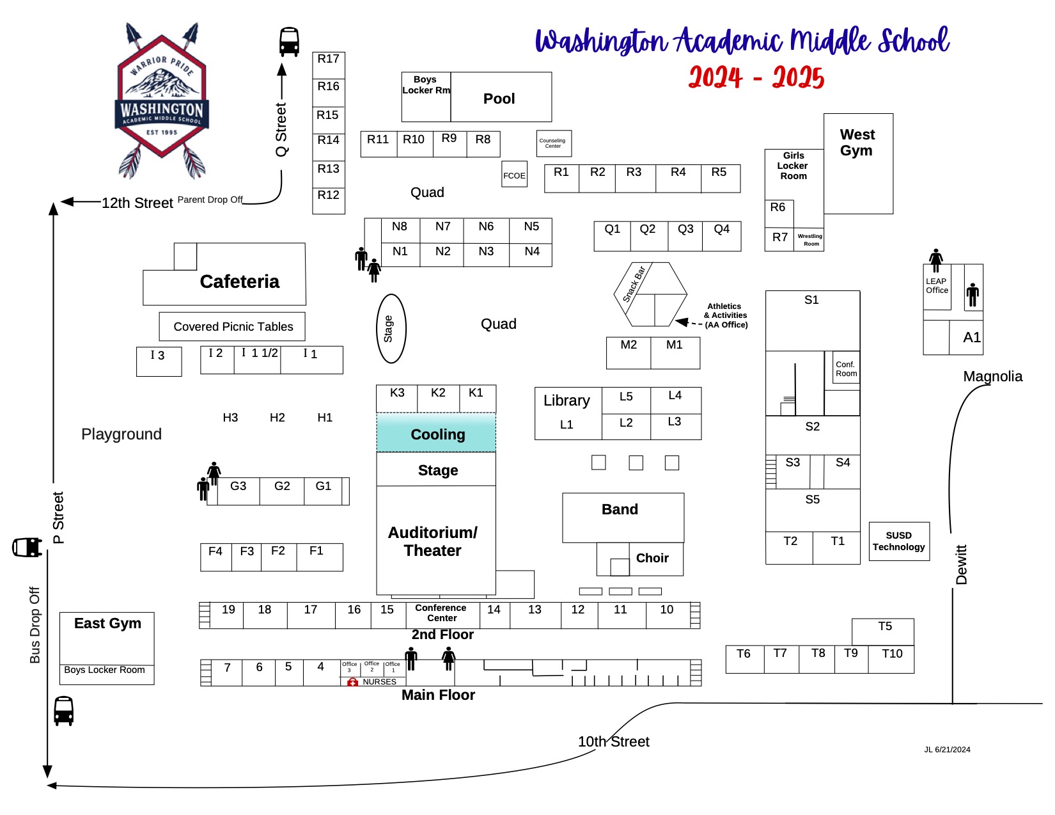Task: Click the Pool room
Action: click(x=500, y=98)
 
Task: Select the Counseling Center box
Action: click(x=553, y=143)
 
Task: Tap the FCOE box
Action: click(x=515, y=175)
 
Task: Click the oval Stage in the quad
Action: click(x=391, y=328)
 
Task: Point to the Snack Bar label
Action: click(x=634, y=283)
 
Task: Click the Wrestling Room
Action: click(x=809, y=240)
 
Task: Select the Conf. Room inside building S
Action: click(x=846, y=368)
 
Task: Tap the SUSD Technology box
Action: click(x=898, y=541)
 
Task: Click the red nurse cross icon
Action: click(x=352, y=683)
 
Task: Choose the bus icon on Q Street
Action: click(x=289, y=42)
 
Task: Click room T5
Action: click(x=884, y=627)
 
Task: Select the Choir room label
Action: click(x=652, y=558)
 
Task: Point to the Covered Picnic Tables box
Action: click(x=233, y=327)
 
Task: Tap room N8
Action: click(x=400, y=226)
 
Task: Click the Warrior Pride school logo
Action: click(x=161, y=102)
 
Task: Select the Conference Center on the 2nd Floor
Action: click(x=441, y=613)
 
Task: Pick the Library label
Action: click(x=567, y=400)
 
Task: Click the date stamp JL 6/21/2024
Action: click(x=947, y=750)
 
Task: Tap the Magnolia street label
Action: click(x=992, y=376)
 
